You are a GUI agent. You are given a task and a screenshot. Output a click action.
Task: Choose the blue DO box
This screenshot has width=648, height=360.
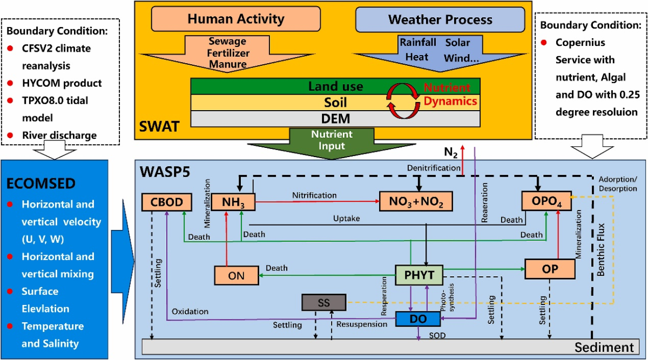(418, 319)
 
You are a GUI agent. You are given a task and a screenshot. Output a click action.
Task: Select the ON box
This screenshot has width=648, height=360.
(236, 275)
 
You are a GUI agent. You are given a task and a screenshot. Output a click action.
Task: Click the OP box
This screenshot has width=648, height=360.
(548, 268)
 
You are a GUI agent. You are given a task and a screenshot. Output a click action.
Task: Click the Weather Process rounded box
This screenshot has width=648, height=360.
(440, 20)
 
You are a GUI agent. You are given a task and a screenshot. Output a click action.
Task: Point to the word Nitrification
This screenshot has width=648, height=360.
(314, 195)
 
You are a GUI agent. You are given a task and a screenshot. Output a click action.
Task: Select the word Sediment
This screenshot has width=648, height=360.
(603, 348)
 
